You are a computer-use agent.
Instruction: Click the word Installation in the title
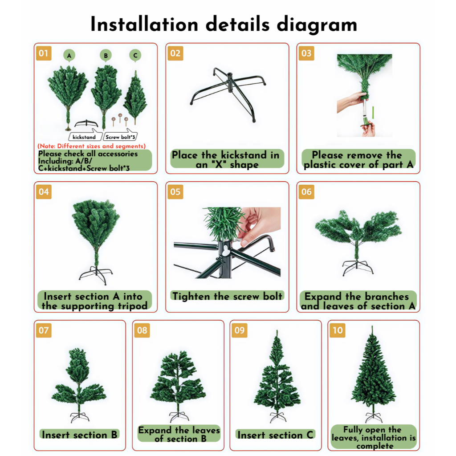[x=144, y=24]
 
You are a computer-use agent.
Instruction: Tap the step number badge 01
[x=44, y=53]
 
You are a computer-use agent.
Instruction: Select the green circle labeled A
[x=69, y=55]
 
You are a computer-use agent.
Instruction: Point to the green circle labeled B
[x=106, y=55]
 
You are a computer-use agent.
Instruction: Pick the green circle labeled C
[x=135, y=55]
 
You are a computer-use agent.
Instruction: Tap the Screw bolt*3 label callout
[x=120, y=136]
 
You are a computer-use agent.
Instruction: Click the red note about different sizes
[x=92, y=146]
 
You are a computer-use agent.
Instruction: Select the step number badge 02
[x=175, y=53]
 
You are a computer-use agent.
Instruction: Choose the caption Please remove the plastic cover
[x=358, y=159]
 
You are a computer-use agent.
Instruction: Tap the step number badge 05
[x=175, y=191]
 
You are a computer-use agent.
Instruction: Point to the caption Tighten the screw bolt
[x=227, y=296]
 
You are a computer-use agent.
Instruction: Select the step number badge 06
[x=306, y=191]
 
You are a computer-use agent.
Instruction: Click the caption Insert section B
[x=79, y=435]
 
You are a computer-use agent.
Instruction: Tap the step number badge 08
[x=142, y=330]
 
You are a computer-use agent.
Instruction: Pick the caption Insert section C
[x=275, y=435]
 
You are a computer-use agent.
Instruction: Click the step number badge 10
[x=338, y=330]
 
